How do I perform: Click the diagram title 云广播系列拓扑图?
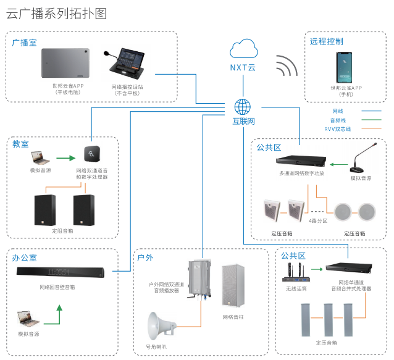(56, 14)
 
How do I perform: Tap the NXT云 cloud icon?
(243, 49)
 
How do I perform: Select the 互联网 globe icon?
(243, 106)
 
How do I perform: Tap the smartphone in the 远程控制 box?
(346, 67)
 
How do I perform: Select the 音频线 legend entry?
(338, 120)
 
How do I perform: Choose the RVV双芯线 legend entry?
(338, 129)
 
